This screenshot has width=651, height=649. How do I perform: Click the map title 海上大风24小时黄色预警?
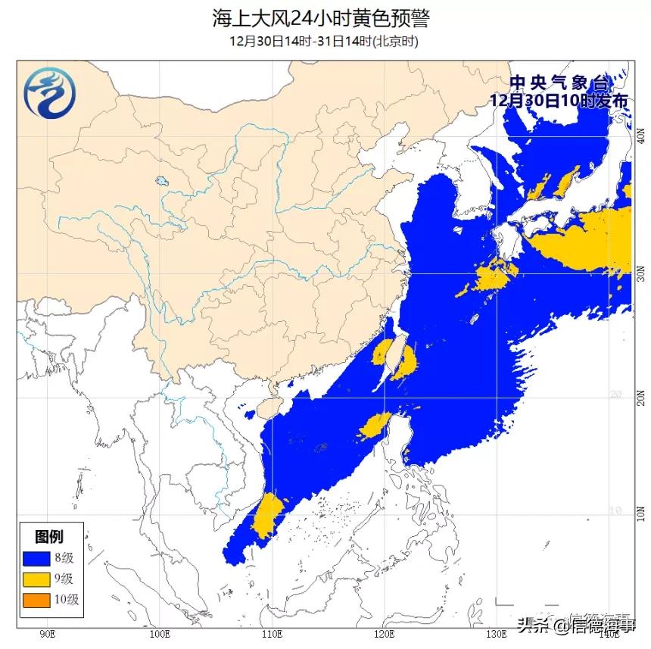click(325, 17)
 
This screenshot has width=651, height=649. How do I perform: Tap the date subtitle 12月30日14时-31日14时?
click(325, 40)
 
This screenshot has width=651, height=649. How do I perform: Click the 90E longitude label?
click(47, 633)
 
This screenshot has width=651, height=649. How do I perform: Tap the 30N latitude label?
click(640, 273)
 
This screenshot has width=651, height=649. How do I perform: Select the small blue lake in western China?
click(160, 182)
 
